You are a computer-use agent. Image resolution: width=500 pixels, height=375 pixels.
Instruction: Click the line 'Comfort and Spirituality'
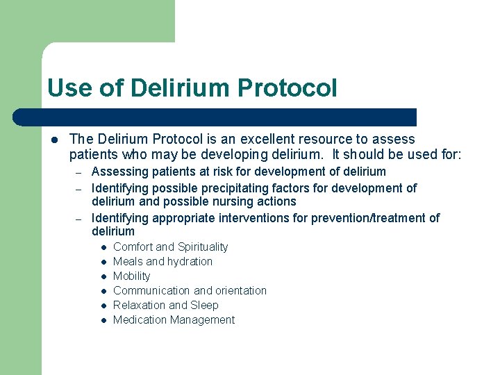pos(170,247)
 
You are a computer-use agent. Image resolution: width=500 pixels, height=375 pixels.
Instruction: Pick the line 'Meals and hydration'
pos(162,261)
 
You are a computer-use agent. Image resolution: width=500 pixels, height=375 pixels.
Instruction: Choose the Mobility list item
pos(131,276)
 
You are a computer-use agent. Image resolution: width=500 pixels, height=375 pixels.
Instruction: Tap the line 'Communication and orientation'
pos(190,290)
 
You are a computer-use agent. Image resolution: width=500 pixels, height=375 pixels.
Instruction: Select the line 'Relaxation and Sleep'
pos(165,305)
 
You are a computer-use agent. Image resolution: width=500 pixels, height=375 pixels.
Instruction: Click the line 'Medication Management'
pos(174,319)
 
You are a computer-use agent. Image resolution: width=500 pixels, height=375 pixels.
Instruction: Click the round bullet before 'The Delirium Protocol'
pos(54,140)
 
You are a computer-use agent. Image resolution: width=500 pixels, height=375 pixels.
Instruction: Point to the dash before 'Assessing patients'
pos(79,172)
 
